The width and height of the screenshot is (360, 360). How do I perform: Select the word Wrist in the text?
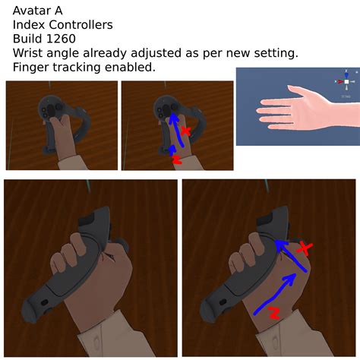click(x=29, y=52)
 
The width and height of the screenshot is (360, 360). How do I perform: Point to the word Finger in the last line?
click(x=32, y=67)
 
